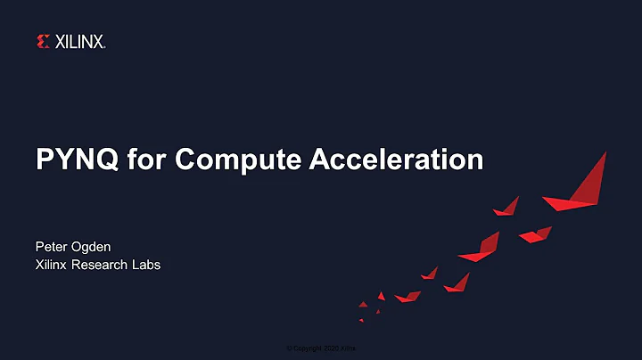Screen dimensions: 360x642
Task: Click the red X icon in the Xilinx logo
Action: (43, 41)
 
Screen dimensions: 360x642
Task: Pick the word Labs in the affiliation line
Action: (146, 265)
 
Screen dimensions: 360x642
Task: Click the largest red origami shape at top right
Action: (584, 183)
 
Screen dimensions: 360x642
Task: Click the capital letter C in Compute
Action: (185, 160)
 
